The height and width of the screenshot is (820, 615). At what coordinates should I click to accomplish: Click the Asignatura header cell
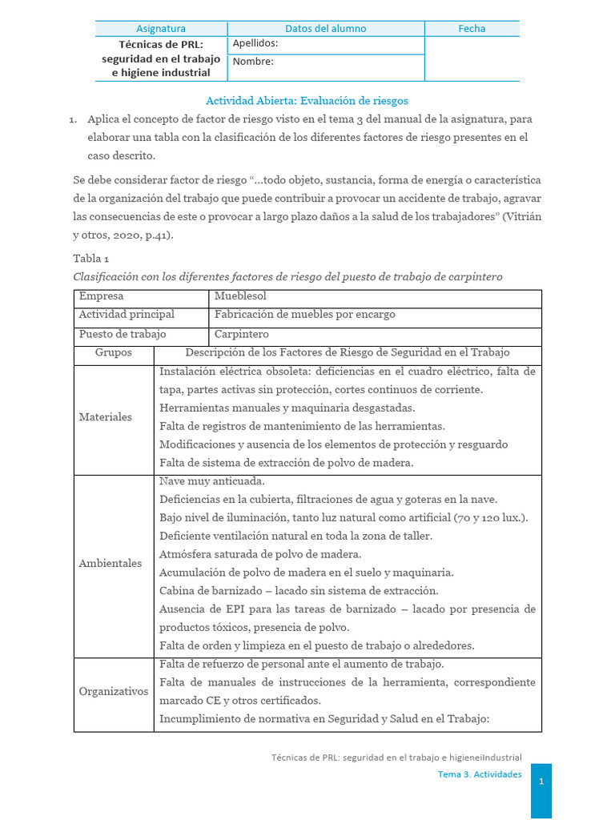[x=161, y=28]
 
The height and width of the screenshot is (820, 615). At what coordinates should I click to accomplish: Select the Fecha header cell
[x=472, y=28]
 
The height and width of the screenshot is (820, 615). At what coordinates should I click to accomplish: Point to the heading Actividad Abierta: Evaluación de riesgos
[x=307, y=101]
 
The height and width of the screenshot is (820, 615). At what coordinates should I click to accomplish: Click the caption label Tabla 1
[x=90, y=258]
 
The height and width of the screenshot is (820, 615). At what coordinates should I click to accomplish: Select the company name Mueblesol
[x=240, y=296]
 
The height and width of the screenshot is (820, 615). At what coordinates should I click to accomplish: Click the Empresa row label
[x=102, y=296]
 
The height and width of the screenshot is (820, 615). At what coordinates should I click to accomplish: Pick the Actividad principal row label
[x=127, y=315]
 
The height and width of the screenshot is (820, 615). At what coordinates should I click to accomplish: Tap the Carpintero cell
[x=242, y=334]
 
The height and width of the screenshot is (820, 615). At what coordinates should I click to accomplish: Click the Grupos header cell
[x=113, y=352]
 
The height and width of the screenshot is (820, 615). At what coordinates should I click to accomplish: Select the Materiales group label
[x=106, y=417]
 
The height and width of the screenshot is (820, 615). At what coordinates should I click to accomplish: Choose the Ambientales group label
[x=111, y=564]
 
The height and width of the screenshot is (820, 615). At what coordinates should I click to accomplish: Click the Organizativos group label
[x=114, y=691]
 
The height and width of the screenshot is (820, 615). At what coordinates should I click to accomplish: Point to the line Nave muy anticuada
[x=212, y=481]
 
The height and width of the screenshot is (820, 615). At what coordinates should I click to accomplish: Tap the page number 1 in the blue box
[x=541, y=782]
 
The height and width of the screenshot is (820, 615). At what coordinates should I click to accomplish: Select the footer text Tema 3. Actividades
[x=480, y=774]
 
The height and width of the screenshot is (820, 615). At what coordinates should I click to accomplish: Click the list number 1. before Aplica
[x=73, y=119]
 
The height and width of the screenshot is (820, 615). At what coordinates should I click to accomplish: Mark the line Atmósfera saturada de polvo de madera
[x=260, y=554]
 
